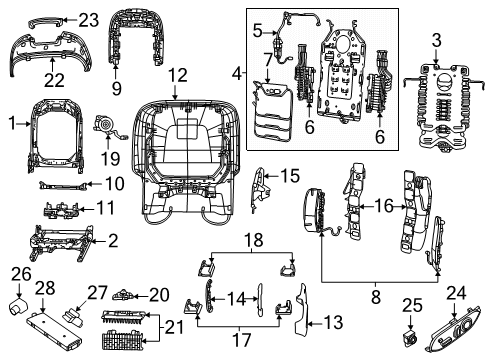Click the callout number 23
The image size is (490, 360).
coord(89,20)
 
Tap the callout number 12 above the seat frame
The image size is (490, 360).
coord(177,75)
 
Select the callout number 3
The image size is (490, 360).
coord(437,40)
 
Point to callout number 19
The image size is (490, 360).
coord(108,157)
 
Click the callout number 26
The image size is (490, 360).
coord(20,274)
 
